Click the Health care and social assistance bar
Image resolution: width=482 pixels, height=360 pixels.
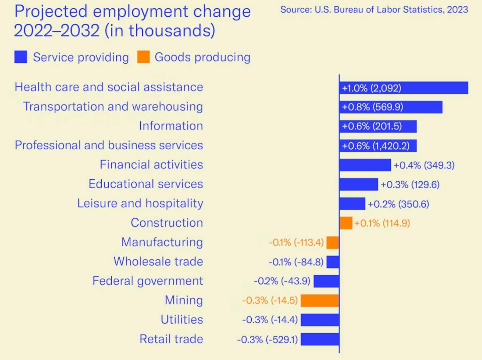403,88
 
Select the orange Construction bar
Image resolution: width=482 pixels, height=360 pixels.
346,223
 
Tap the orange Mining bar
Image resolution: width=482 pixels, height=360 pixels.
320,301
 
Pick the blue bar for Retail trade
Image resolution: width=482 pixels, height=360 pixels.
320,339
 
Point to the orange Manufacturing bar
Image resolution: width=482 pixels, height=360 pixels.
333,242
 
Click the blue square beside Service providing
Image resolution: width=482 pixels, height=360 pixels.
21,57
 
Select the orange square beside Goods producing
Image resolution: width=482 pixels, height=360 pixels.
143,57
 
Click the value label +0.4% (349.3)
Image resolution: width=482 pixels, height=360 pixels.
424,165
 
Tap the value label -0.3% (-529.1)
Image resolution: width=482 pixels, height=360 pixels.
267,340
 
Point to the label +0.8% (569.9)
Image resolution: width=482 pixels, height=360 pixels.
372,107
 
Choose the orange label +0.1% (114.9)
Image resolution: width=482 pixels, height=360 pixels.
382,223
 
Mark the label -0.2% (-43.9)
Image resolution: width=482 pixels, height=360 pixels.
282,281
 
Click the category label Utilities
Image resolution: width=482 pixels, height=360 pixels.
182,320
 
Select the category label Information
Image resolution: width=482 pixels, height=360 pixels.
171,126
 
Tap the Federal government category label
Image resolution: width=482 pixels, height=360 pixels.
147,281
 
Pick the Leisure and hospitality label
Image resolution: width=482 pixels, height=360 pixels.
140,203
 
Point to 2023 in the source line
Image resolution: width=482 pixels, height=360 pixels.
457,10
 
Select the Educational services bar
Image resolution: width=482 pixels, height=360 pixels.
358,184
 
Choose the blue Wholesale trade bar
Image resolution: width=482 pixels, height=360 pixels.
333,262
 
